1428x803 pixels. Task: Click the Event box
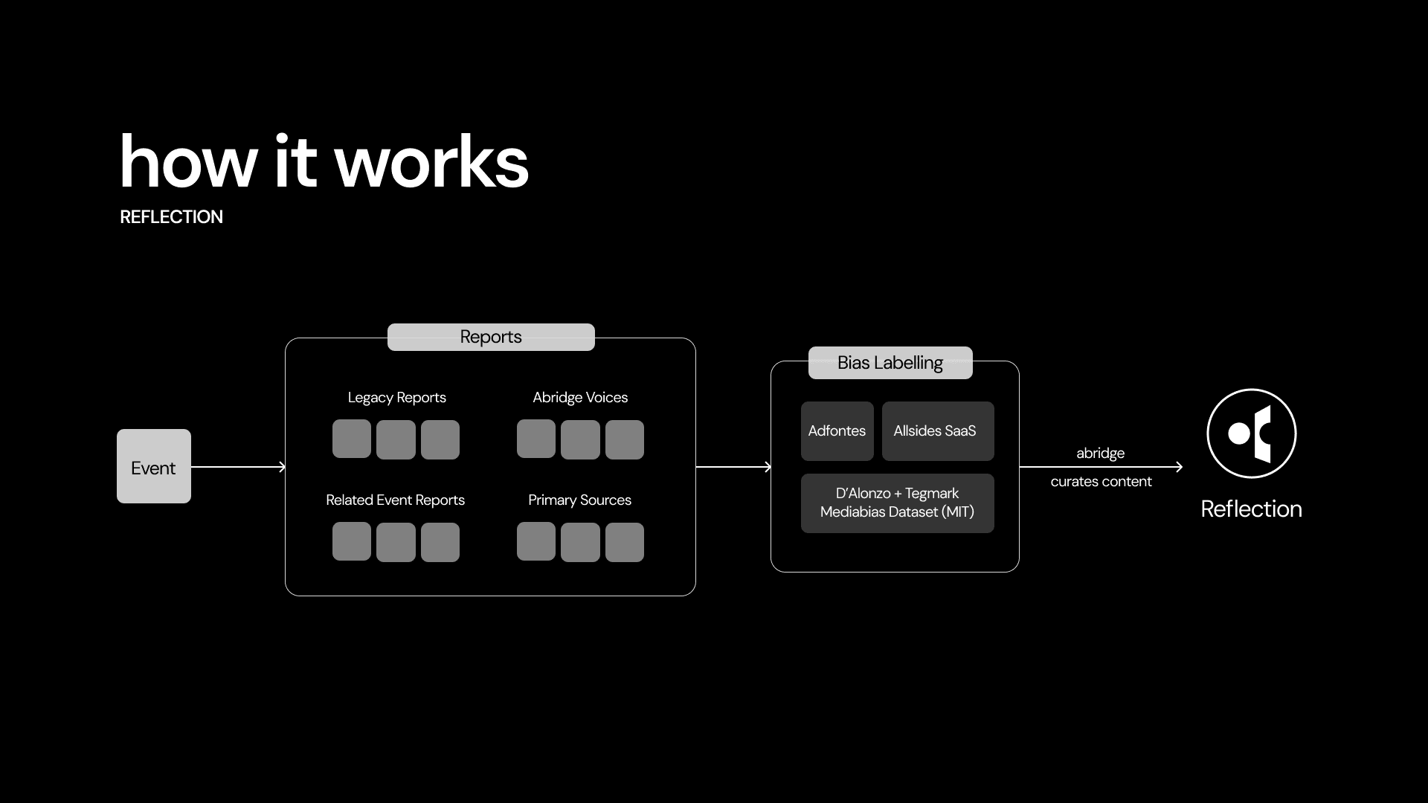[x=154, y=466]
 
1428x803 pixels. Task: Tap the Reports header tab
[x=491, y=337]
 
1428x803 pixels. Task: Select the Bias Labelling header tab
[x=890, y=363]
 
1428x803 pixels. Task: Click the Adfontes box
[x=837, y=431]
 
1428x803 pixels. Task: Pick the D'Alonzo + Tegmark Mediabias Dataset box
[x=897, y=503]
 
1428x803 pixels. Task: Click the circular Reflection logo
[x=1251, y=433]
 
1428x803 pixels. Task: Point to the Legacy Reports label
[x=397, y=398]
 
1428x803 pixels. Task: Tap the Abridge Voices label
[x=580, y=398]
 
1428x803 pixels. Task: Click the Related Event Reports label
[x=396, y=500]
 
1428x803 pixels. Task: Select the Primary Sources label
[x=580, y=500]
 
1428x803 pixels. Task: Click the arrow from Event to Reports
[x=238, y=467]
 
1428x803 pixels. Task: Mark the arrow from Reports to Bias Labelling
[x=733, y=467]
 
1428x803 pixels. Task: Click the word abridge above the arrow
[x=1101, y=454]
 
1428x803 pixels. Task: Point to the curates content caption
[x=1101, y=482]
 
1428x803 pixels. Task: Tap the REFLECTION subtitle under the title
[x=172, y=217]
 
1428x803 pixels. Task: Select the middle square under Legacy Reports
[x=396, y=439]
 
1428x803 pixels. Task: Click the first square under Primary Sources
[x=536, y=541]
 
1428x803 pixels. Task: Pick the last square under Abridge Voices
[x=625, y=439]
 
